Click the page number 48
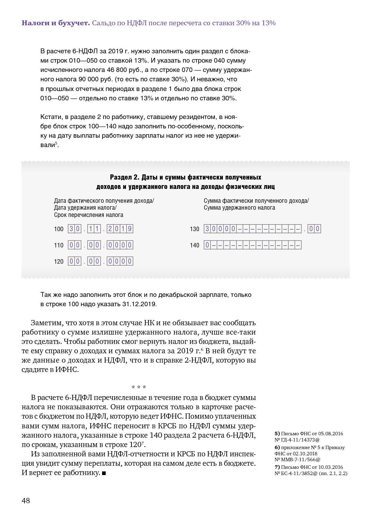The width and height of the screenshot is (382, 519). point(26,501)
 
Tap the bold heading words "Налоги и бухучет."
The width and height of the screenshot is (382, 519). point(55,23)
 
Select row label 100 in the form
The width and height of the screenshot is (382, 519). point(59,229)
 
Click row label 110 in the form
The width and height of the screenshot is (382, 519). point(59,245)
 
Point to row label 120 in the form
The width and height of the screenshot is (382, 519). point(59,262)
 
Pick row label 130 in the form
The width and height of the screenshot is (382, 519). point(194,229)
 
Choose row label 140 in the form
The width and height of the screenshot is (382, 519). point(194,245)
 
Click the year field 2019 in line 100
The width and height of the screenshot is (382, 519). point(120,229)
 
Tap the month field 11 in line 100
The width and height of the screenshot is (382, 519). point(94,229)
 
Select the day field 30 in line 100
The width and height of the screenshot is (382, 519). point(74,229)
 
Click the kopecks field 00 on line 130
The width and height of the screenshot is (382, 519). point(314,229)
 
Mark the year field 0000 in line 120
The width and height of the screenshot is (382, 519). point(120,261)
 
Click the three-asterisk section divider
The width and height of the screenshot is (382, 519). point(139,387)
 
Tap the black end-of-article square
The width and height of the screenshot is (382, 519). point(104,473)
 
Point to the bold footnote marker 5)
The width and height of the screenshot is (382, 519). point(277,434)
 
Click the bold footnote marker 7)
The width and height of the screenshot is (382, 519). point(277,467)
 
